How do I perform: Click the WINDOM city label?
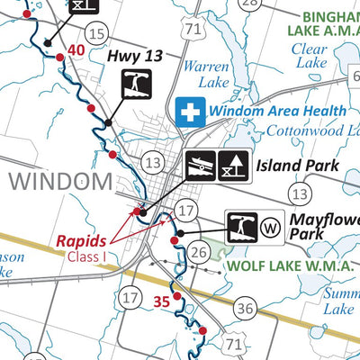coord(60,181)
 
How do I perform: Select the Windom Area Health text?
coord(277,111)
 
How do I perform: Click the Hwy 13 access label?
coord(135,56)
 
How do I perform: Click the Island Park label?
coord(297,166)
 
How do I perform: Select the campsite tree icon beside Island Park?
coord(234,166)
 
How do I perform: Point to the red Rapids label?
coord(82,240)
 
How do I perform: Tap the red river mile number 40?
coord(76,50)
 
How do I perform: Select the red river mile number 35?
coord(161,301)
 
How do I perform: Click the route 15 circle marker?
coord(97,34)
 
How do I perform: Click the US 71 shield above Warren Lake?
coord(191,29)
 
